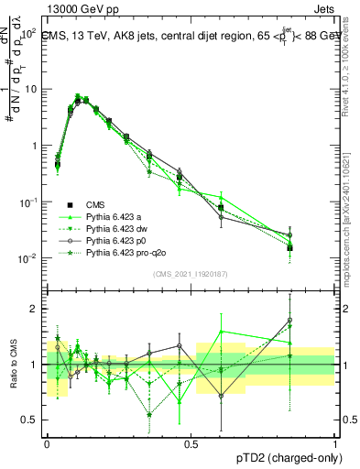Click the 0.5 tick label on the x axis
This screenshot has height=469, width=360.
pyautogui.click(x=191, y=443)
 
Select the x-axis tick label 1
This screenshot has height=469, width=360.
pyautogui.click(x=334, y=443)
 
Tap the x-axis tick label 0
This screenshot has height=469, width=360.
pyautogui.click(x=48, y=443)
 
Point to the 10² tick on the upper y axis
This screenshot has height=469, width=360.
pyautogui.click(x=29, y=33)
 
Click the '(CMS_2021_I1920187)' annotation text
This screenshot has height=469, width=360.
pyautogui.click(x=191, y=274)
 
